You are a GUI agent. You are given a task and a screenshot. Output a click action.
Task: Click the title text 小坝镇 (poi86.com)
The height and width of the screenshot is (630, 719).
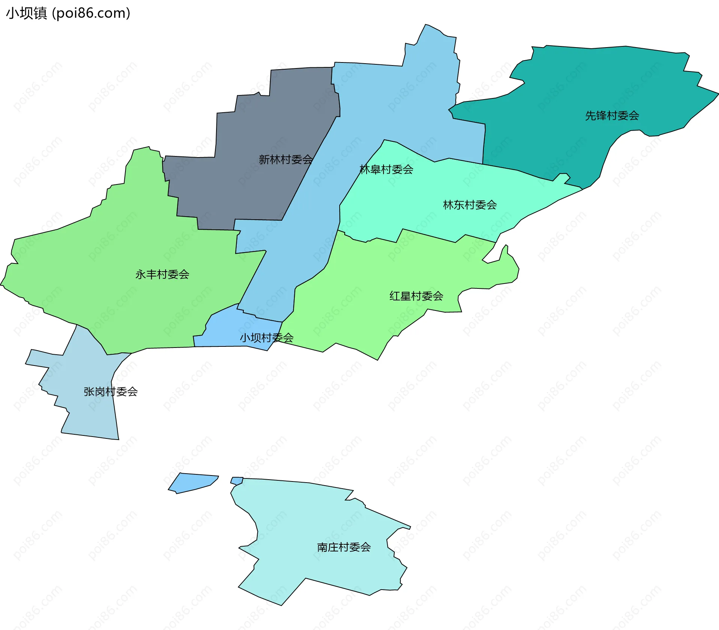coord(68,13)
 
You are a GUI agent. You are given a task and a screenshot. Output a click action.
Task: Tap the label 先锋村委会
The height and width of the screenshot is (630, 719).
coord(612,116)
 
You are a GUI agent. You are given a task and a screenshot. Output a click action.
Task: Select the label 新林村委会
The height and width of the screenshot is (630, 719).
coord(286,160)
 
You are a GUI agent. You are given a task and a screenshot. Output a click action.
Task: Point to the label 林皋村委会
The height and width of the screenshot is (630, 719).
coord(386,169)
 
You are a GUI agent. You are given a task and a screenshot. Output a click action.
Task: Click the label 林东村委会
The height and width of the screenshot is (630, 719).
coord(470,205)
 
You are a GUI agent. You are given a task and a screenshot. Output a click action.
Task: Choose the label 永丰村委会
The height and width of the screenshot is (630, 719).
coord(162,274)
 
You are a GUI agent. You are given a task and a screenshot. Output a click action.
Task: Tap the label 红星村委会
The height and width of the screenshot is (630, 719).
coord(416,296)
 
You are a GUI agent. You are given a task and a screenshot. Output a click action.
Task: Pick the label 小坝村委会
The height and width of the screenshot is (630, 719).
coord(266,338)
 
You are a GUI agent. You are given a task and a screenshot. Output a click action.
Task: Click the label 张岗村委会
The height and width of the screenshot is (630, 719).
coord(110,392)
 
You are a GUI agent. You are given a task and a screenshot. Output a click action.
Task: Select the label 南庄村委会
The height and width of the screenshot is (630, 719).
coord(344,547)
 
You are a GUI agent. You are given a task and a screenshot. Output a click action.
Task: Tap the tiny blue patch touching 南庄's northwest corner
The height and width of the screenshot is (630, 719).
coord(237,480)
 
